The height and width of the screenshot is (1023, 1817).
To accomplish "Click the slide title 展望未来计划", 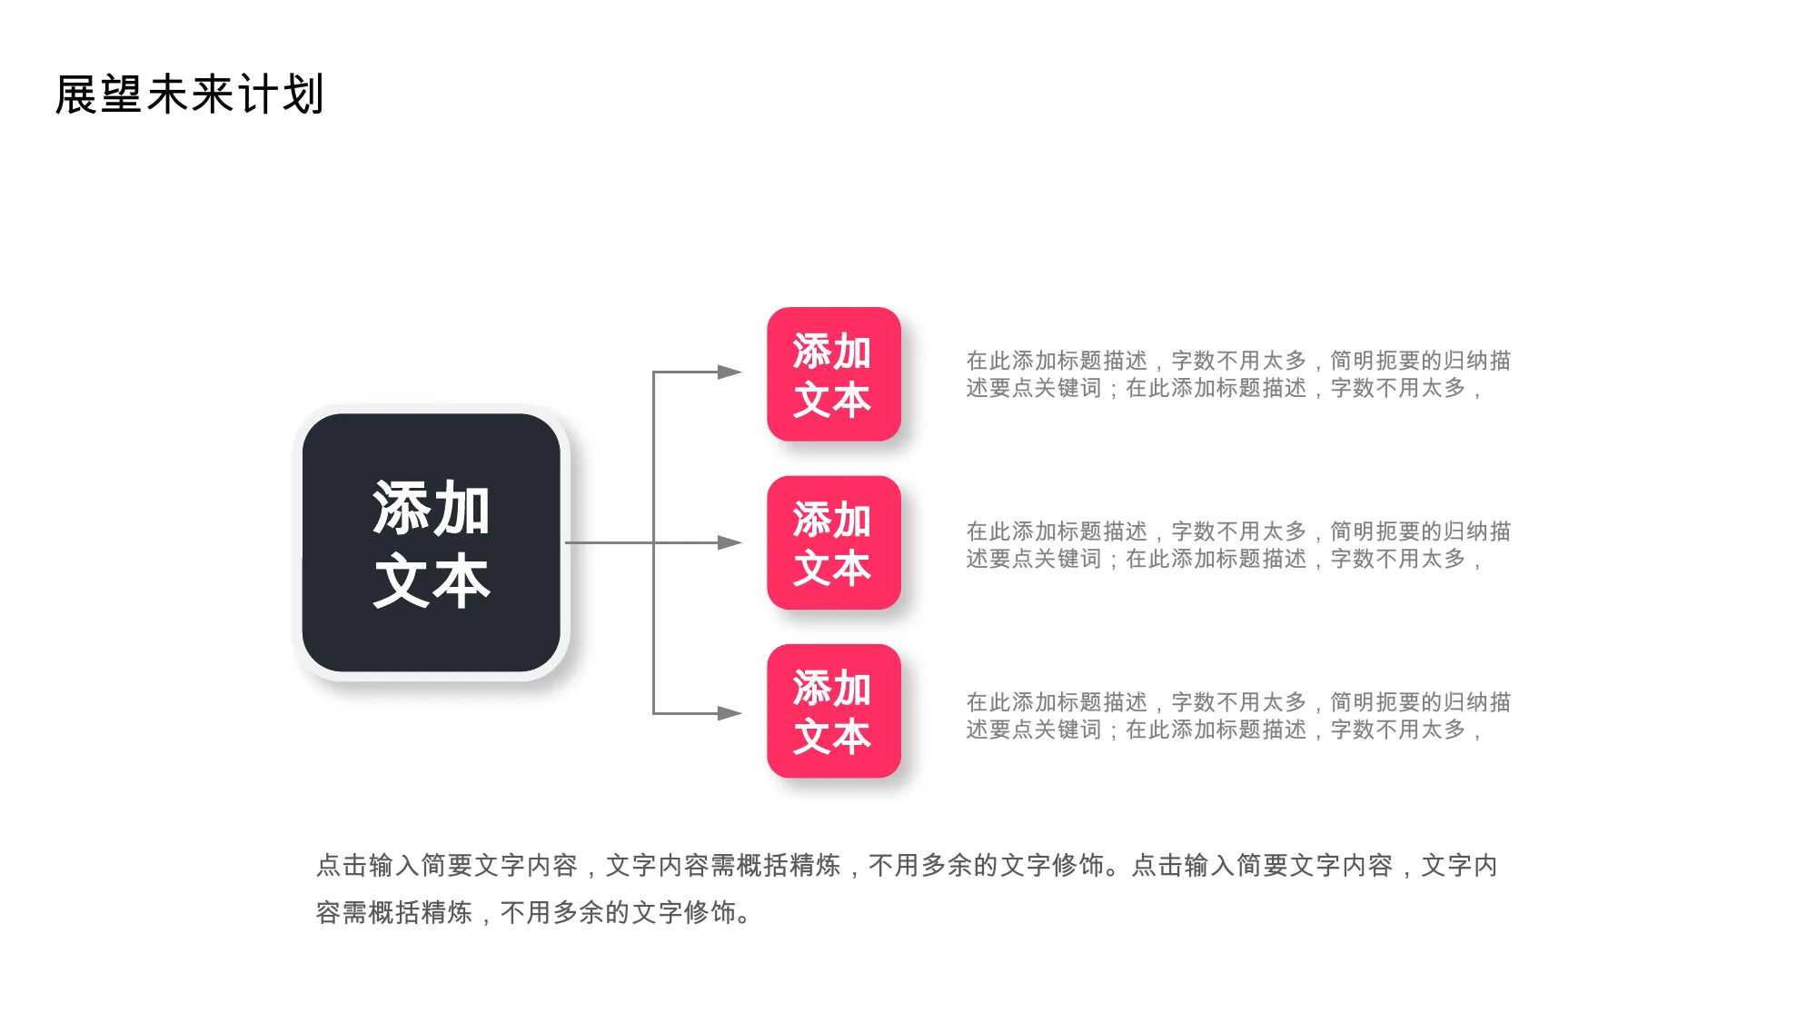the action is [189, 94].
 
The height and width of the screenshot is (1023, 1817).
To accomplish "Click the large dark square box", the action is [432, 542].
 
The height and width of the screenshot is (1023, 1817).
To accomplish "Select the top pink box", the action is [834, 374].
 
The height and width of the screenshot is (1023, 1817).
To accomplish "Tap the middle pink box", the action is [834, 542].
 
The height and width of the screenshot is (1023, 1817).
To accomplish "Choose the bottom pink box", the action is [834, 711].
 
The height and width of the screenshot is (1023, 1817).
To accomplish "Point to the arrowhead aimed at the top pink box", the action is [730, 372].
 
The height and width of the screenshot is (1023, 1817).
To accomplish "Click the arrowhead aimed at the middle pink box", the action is [730, 542].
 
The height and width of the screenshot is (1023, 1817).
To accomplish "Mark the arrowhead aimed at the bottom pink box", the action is [730, 713].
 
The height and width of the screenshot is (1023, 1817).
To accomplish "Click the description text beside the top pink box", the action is [1238, 374].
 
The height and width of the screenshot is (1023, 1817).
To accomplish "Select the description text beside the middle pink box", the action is [1238, 545].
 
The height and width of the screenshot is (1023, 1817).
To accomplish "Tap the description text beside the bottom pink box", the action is [1238, 716].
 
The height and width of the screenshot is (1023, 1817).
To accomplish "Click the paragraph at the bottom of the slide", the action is [907, 889].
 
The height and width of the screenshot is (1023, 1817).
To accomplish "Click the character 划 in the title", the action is [303, 94].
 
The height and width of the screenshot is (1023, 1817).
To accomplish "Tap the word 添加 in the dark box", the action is [432, 508].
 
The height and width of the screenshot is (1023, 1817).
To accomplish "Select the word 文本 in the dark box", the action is [432, 581].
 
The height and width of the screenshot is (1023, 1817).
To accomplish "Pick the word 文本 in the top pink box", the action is [832, 400].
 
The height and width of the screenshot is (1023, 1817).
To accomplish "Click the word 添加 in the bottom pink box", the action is [832, 688].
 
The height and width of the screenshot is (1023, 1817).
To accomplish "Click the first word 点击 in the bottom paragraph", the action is [342, 865].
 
